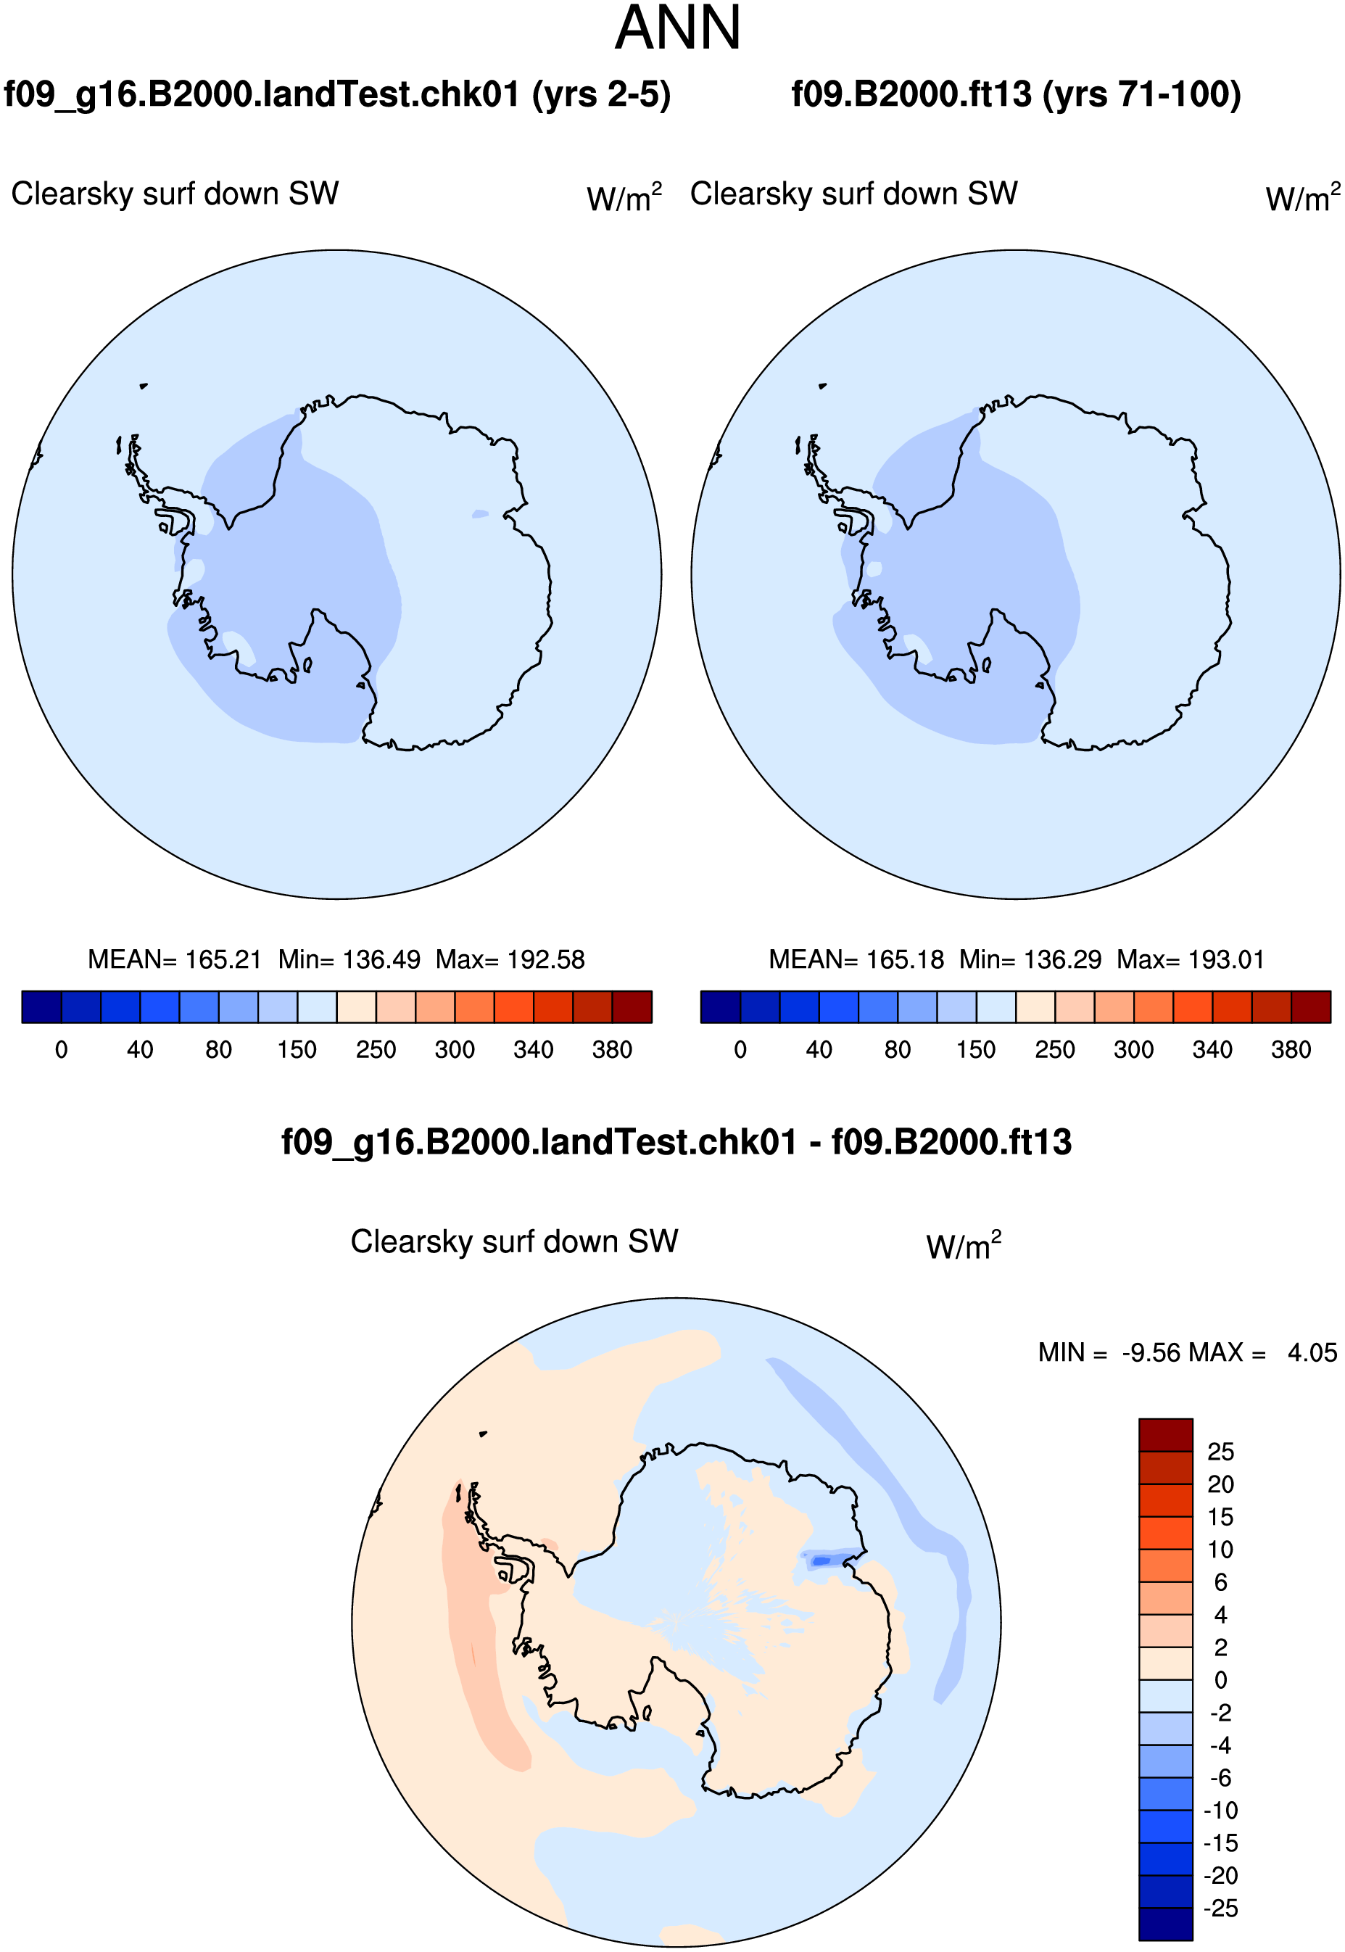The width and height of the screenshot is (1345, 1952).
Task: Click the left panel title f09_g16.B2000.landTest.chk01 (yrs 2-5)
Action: coord(337,94)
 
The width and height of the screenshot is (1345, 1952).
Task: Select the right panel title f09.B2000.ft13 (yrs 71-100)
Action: coord(1017,94)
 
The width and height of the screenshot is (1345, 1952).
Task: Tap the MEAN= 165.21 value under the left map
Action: coord(175,959)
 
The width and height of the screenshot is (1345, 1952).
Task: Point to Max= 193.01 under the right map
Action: coord(1190,959)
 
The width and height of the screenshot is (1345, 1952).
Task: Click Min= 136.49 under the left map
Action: coord(349,959)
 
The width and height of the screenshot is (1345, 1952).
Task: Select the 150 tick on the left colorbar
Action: coord(297,1049)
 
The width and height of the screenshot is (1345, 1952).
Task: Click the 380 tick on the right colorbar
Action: coord(1291,1049)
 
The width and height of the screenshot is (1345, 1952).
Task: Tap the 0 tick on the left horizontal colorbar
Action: coord(61,1049)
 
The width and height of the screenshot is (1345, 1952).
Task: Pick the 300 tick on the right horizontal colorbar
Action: coord(1133,1049)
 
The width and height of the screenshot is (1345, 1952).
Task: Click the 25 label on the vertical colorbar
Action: coord(1220,1452)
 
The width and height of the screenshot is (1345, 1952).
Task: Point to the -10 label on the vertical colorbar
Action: coord(1220,1811)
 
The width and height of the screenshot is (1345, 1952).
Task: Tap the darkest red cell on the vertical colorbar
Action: coord(1165,1435)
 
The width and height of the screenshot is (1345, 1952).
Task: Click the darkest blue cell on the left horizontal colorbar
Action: coord(41,1007)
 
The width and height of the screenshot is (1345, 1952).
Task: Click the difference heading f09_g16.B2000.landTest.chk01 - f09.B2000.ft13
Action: coord(676,1143)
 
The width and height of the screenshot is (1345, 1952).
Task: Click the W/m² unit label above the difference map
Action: coord(963,1246)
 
